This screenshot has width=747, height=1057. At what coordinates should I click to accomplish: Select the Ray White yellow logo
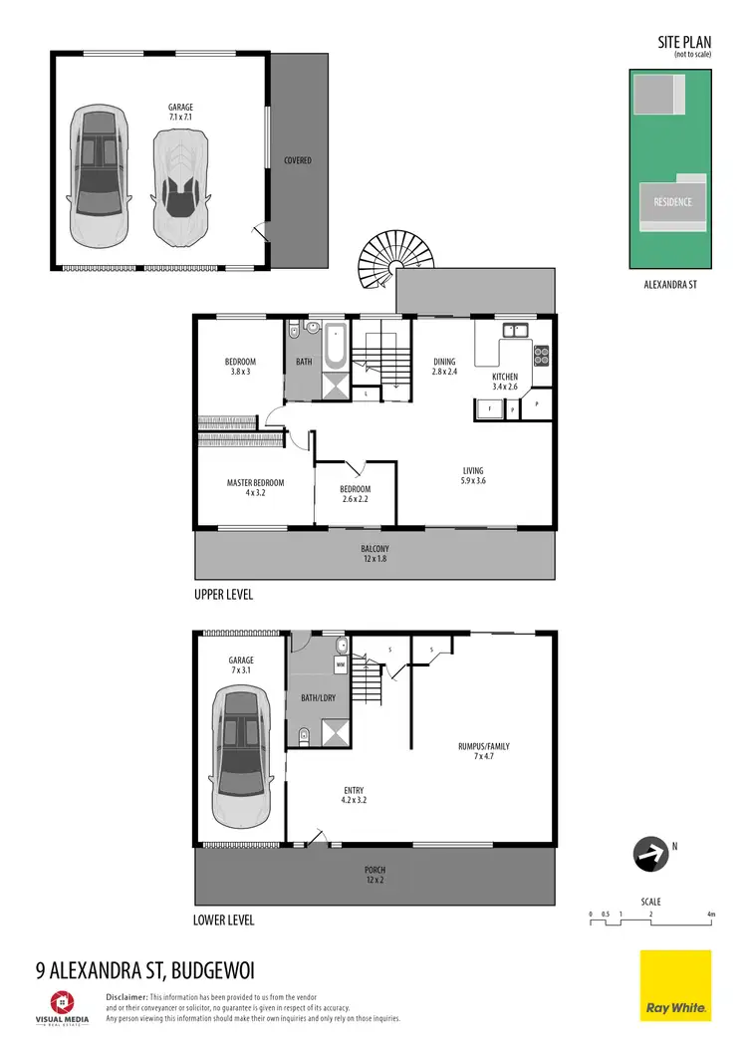click(x=675, y=985)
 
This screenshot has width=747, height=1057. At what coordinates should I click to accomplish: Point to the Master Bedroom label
click(x=255, y=488)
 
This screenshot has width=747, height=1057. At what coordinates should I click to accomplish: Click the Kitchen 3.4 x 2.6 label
click(x=505, y=382)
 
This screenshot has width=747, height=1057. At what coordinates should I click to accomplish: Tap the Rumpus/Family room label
click(x=484, y=750)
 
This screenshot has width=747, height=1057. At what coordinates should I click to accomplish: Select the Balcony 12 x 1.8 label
click(x=374, y=554)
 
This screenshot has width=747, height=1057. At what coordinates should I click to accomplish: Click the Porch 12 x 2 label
click(x=374, y=875)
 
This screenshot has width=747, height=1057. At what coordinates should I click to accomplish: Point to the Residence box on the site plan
click(x=672, y=202)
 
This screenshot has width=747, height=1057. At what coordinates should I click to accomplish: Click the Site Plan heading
click(x=683, y=42)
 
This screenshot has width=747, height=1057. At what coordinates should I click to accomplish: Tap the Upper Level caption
click(x=223, y=595)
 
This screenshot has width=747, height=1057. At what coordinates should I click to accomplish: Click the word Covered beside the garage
click(x=297, y=160)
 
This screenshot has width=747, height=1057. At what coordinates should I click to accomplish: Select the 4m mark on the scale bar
click(x=710, y=914)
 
